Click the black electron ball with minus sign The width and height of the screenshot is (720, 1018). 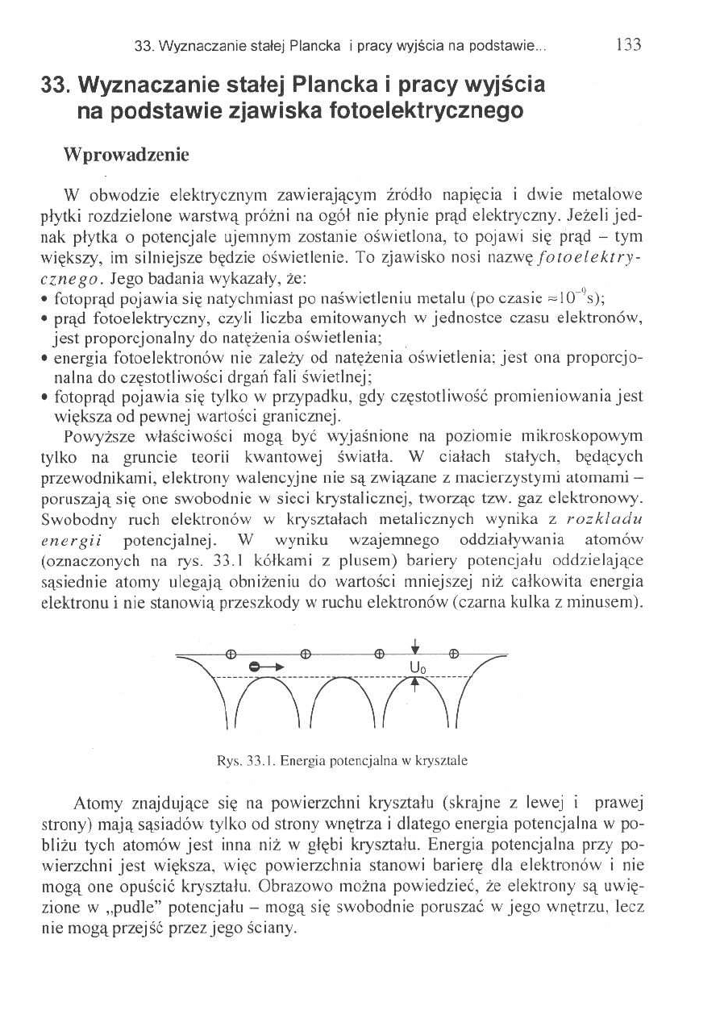pyautogui.click(x=256, y=667)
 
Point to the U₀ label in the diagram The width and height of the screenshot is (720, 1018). pyautogui.click(x=417, y=667)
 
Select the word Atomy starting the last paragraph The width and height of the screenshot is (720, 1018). pyautogui.click(x=96, y=805)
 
